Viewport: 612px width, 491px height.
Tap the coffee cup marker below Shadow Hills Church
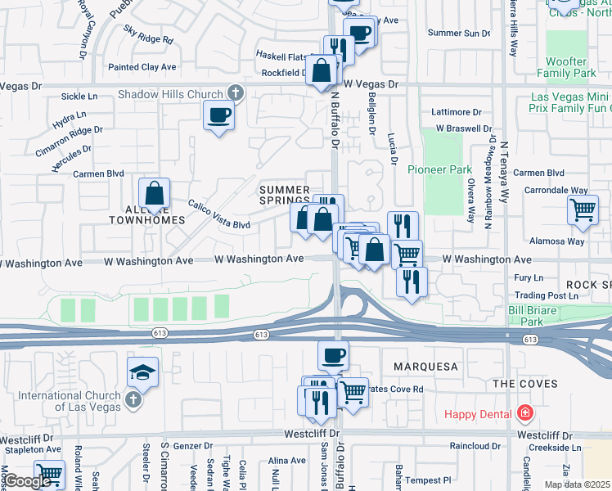(218, 115)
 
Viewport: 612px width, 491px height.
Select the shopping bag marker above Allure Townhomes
(154, 194)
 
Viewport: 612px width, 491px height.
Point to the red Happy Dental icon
(524, 414)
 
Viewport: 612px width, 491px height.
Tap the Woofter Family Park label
(567, 67)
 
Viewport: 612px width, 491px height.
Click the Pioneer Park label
(440, 169)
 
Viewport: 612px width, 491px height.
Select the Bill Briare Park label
(532, 316)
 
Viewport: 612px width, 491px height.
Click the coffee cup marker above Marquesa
(333, 356)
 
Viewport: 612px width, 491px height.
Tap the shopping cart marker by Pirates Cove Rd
(353, 392)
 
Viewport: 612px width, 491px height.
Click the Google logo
(26, 481)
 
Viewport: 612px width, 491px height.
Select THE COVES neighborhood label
(524, 383)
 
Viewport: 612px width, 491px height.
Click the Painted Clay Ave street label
(142, 67)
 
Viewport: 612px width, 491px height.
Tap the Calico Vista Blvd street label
(218, 214)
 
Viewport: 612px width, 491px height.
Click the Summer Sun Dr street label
(458, 33)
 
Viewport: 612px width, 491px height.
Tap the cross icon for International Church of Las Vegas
(134, 402)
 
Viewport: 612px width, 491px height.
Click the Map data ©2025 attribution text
(576, 484)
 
